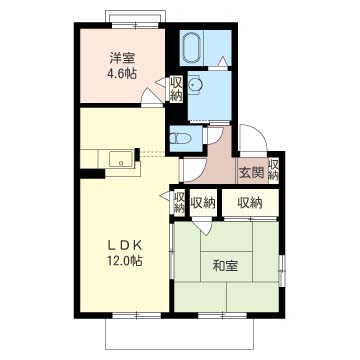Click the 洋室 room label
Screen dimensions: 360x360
tap(122, 59)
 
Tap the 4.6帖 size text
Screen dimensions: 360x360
tap(121, 73)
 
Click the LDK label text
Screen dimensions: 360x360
tap(125, 246)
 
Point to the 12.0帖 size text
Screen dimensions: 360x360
tap(125, 260)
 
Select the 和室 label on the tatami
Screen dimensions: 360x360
tap(225, 266)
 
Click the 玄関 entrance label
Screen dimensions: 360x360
tap(252, 172)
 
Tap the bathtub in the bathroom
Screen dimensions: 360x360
tap(192, 48)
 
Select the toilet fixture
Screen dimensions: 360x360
tap(180, 138)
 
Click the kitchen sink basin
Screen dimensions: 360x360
tap(121, 159)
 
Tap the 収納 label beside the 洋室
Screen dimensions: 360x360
tap(176, 89)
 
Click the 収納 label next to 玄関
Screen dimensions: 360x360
tap(273, 170)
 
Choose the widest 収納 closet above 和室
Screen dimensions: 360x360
tap(250, 202)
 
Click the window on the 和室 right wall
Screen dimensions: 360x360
tap(282, 271)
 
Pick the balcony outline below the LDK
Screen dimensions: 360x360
tap(179, 349)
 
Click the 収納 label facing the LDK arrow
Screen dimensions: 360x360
tap(179, 202)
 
